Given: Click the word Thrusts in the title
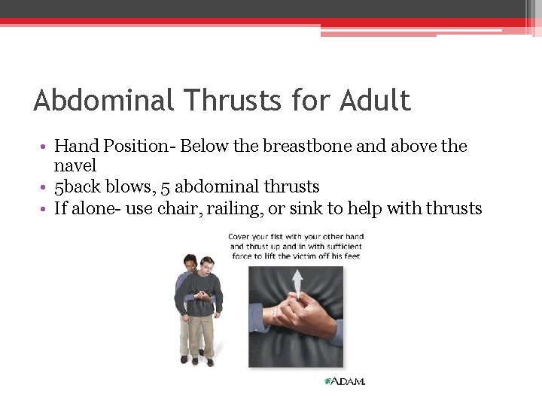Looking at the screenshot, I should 223,100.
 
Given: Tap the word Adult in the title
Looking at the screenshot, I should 375,100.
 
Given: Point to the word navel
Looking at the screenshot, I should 75,165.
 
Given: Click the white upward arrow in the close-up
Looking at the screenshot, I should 297,281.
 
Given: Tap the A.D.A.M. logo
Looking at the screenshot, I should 344,381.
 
